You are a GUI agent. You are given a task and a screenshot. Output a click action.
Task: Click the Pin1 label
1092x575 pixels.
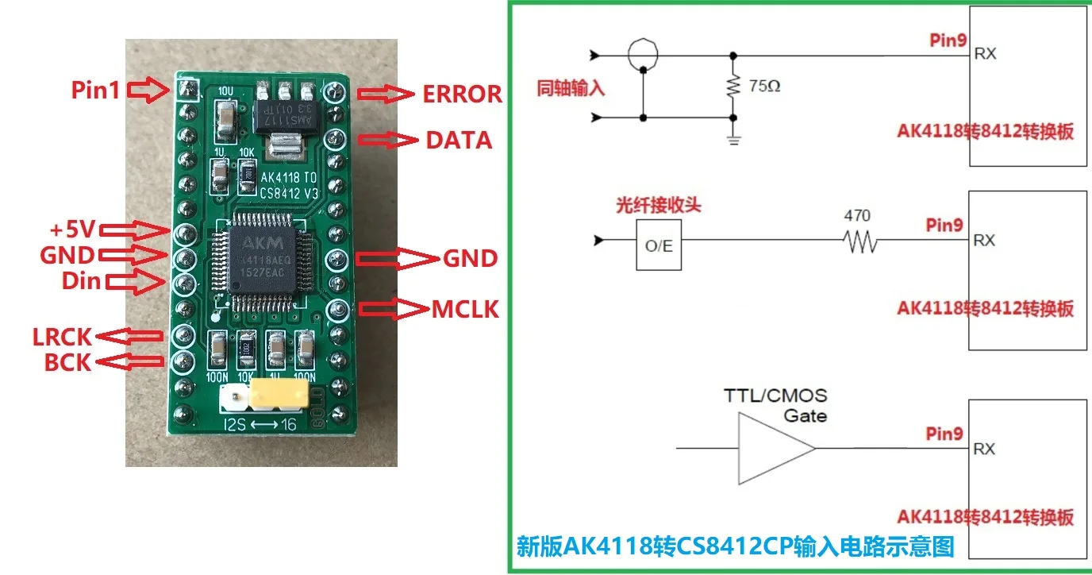coord(95,90)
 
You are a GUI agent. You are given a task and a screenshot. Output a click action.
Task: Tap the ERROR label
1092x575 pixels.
coord(463,95)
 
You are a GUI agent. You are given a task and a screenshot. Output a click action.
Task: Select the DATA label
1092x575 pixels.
coord(459,141)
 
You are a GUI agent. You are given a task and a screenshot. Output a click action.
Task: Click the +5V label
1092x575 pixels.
coord(71,230)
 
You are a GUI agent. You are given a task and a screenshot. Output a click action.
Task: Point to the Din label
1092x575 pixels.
coord(82,280)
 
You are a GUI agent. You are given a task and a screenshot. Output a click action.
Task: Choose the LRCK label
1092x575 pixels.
coord(62,337)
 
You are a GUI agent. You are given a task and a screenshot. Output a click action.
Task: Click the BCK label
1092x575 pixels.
coord(68,363)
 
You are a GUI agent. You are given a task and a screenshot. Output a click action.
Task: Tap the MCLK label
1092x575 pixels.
coord(466,309)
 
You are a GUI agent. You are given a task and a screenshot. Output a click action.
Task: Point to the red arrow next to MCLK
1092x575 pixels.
coord(394,309)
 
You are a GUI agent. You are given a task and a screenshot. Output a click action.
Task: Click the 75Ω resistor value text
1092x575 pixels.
coord(764,86)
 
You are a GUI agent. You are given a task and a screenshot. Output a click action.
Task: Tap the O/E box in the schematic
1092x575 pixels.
coord(659,246)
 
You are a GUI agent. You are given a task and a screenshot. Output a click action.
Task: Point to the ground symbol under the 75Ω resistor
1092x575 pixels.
coord(733,141)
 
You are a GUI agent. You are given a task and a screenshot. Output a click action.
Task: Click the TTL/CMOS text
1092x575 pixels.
coord(775,396)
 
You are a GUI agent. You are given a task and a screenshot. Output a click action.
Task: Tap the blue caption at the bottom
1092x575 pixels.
coord(735,546)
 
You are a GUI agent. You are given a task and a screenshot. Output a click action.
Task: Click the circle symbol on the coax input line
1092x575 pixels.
coord(642,55)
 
